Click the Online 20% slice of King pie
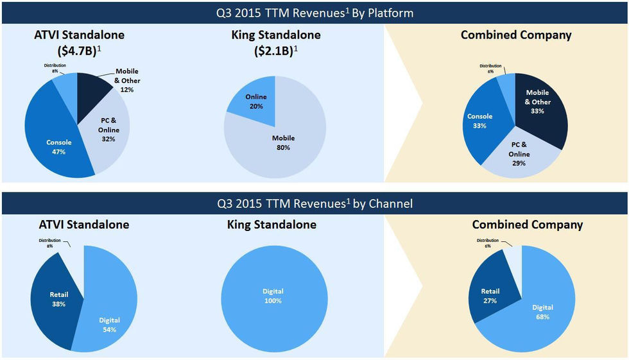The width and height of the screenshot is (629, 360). coord(256,101)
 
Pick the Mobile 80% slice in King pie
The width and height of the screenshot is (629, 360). coord(282,142)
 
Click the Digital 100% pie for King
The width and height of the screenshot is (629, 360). coord(273,296)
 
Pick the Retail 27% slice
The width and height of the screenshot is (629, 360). coord(492,295)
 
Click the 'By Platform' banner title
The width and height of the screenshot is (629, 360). coord(314,12)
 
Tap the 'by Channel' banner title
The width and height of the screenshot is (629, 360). coord(314,203)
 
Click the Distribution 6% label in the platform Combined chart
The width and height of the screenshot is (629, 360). coord(490,68)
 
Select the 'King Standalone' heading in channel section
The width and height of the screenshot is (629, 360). coord(271,225)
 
